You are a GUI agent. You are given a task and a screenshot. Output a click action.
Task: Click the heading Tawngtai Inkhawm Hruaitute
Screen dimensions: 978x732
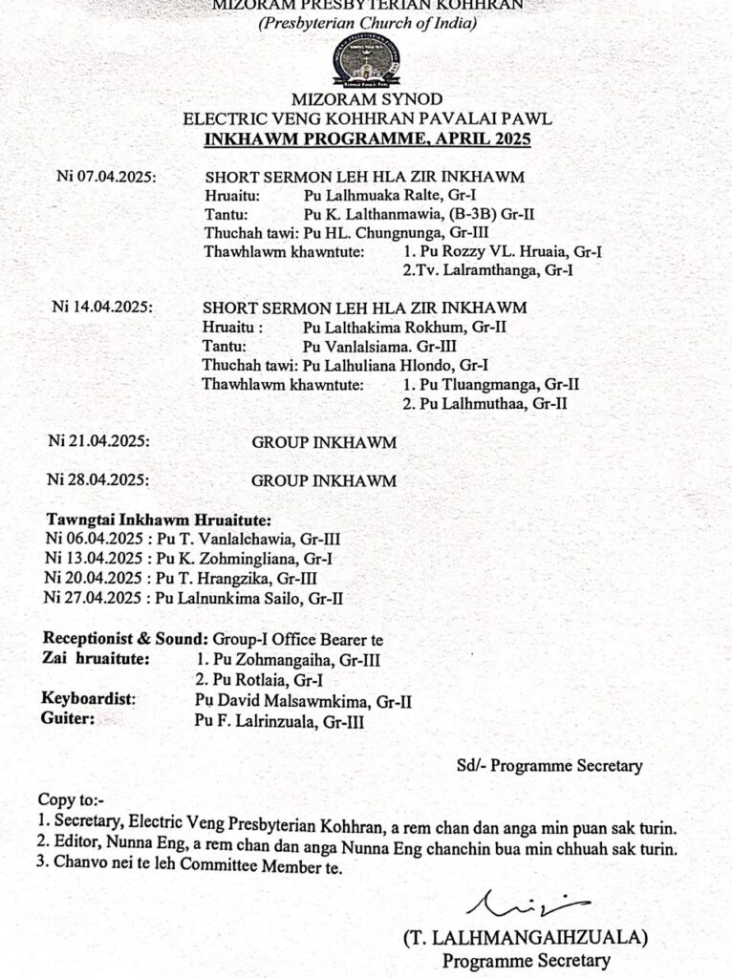(x=160, y=521)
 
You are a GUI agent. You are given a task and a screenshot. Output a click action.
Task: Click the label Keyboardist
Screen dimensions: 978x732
(x=89, y=700)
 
